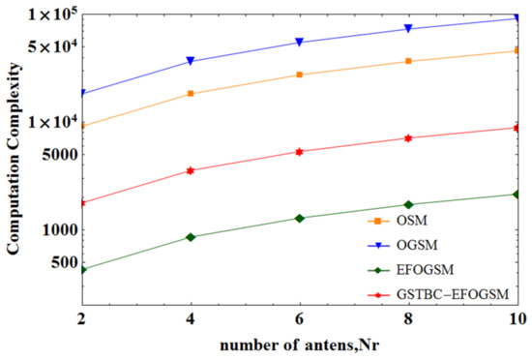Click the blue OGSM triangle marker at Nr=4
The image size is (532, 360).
click(x=191, y=61)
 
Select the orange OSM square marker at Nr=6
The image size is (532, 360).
click(x=299, y=75)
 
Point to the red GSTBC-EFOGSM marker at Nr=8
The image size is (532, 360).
click(x=408, y=138)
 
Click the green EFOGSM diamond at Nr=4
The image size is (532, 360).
click(x=191, y=237)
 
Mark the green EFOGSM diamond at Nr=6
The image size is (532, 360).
click(x=299, y=218)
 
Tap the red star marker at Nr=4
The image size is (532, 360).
click(x=191, y=170)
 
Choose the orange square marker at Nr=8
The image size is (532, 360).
click(x=408, y=61)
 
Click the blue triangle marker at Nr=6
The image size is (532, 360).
click(x=299, y=43)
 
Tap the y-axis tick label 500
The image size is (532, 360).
click(x=61, y=262)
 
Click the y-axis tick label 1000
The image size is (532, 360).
click(x=57, y=230)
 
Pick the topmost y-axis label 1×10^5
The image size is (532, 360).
click(x=47, y=14)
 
